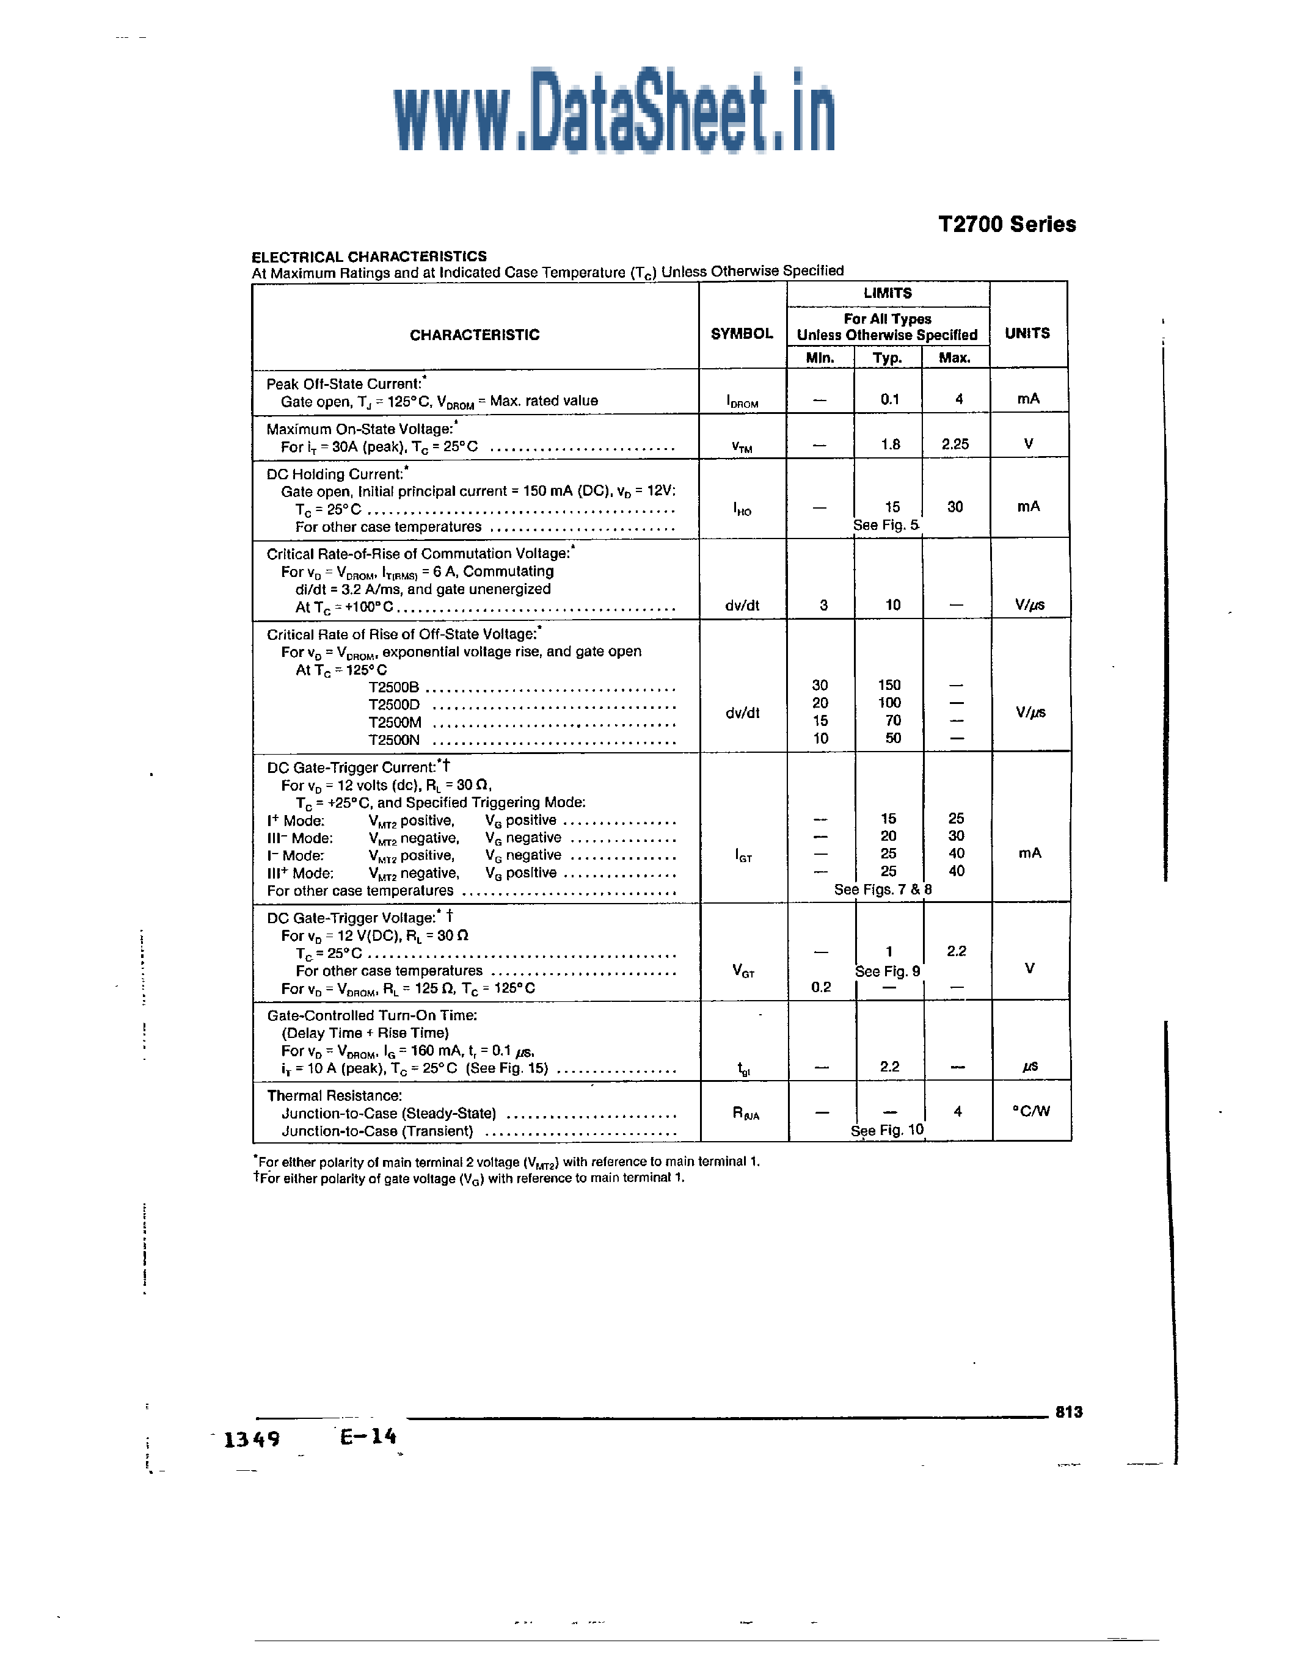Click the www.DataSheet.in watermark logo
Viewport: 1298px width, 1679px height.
click(614, 112)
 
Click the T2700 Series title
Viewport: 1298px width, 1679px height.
click(1007, 225)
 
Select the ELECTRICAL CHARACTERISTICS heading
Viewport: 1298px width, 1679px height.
click(369, 257)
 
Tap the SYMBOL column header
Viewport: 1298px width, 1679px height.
click(742, 333)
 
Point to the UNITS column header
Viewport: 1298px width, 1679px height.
click(1027, 333)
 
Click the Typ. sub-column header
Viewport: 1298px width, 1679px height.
click(888, 358)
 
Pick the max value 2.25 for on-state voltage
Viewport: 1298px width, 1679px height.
click(955, 444)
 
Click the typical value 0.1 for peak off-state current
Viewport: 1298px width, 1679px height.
click(890, 399)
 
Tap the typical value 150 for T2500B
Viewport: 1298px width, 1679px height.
click(889, 685)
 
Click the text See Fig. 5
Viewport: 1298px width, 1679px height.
click(886, 525)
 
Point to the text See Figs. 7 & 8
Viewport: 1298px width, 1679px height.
click(883, 890)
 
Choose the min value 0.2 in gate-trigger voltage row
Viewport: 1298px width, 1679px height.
click(820, 987)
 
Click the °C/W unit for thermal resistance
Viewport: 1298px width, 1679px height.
click(1030, 1111)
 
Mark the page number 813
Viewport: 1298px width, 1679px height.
click(1068, 1412)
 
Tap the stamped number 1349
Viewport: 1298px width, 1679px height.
click(252, 1439)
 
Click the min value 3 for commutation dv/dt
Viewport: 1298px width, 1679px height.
click(823, 605)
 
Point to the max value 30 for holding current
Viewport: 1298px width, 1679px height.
click(955, 507)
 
